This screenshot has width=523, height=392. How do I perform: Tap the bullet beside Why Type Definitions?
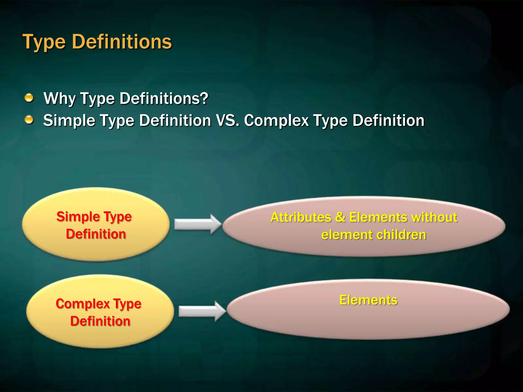click(x=29, y=98)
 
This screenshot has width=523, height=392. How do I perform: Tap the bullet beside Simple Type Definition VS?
click(x=29, y=120)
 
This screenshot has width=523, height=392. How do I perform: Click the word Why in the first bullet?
click(x=60, y=99)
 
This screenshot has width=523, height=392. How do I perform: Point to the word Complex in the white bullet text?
click(x=276, y=120)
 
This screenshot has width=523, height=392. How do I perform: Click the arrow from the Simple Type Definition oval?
click(x=197, y=224)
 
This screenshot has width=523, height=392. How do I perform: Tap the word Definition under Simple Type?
click(x=96, y=234)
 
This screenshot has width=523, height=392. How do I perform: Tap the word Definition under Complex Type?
click(x=100, y=321)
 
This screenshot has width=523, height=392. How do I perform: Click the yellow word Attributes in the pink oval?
click(x=301, y=217)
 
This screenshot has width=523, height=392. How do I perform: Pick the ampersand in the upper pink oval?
click(x=340, y=217)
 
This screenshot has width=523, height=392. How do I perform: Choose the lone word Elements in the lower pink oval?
click(x=368, y=300)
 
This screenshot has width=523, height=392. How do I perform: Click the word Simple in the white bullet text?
click(x=69, y=120)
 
